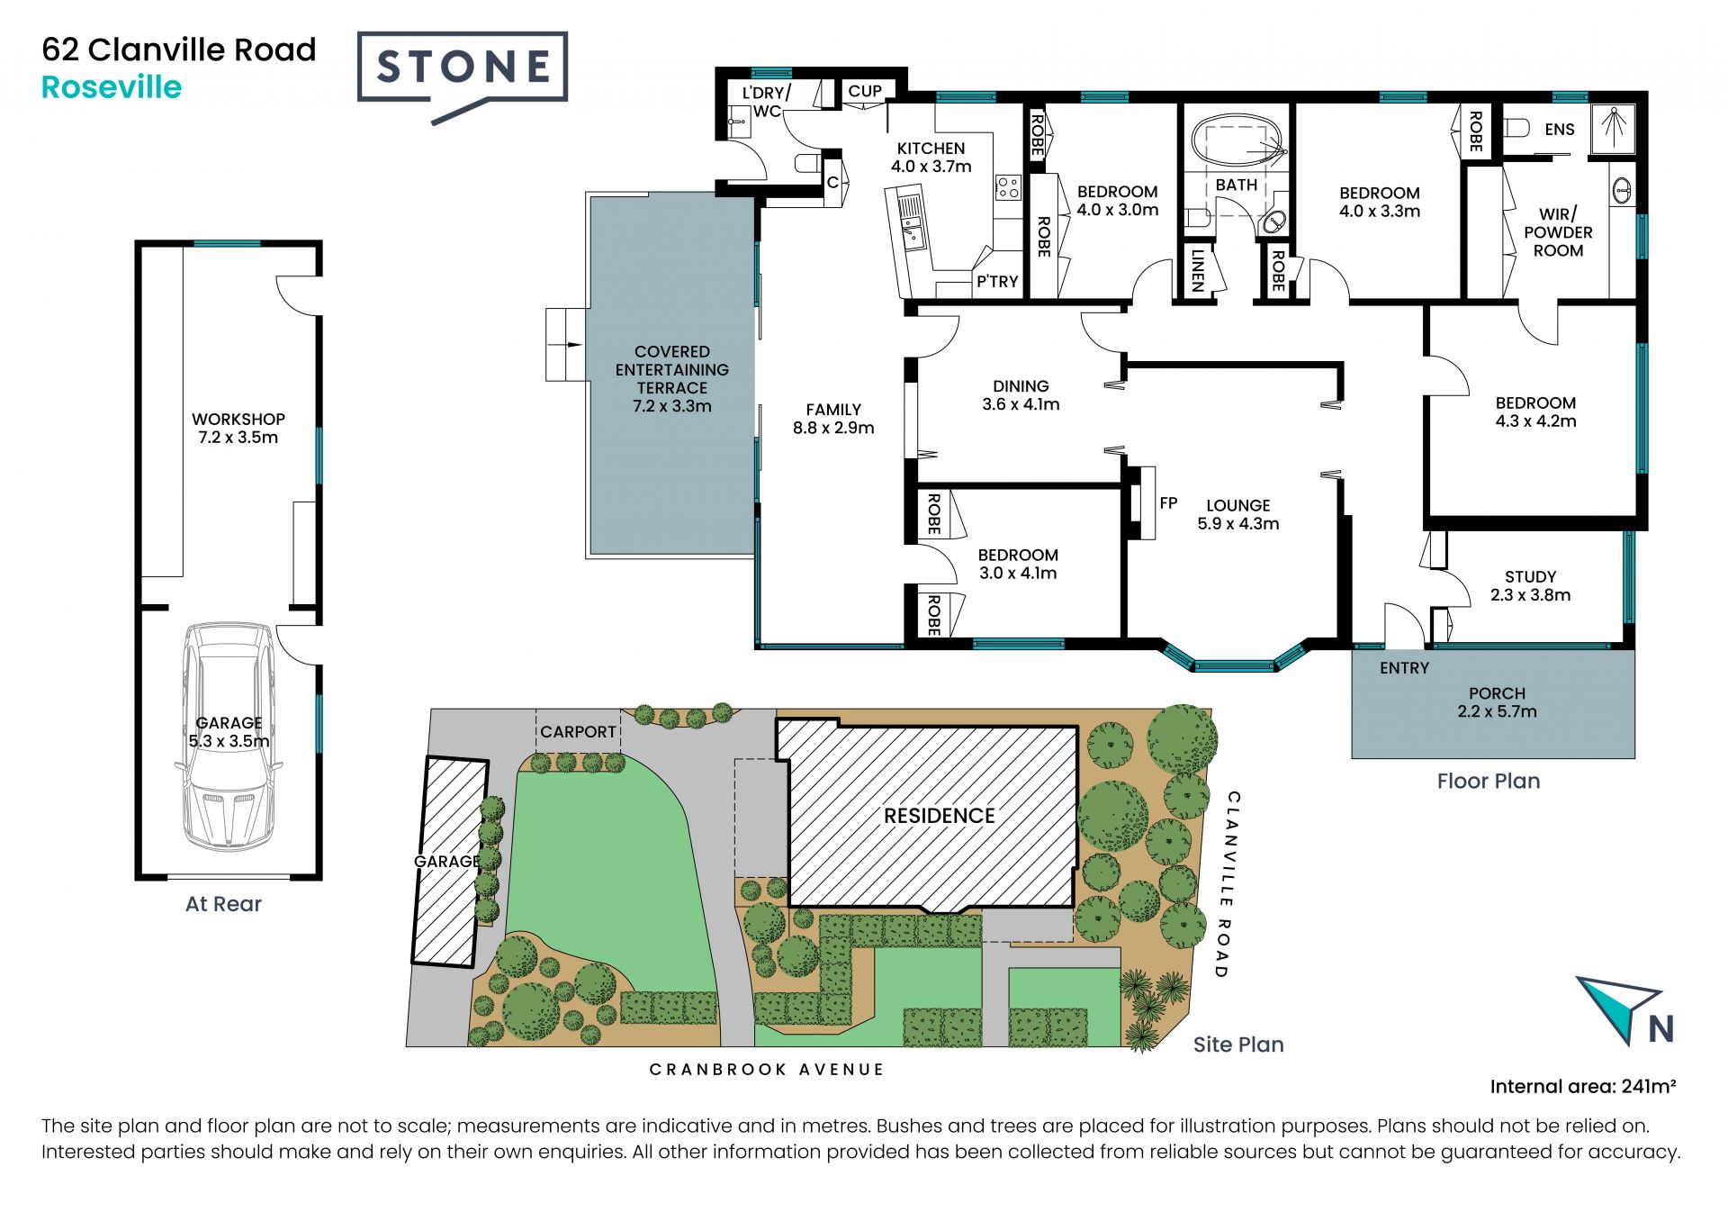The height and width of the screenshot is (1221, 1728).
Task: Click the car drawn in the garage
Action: point(229,737)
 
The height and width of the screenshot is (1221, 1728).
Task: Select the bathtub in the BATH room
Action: point(1239,142)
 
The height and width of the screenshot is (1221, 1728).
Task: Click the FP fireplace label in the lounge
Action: point(1168,503)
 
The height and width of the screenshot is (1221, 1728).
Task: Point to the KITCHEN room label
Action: point(931,149)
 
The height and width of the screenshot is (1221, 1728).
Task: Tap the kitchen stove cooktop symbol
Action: point(1008,188)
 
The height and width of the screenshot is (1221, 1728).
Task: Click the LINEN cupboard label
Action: point(1197,270)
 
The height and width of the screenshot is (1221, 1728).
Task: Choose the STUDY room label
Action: point(1530,576)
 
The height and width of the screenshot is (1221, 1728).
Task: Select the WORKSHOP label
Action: point(238,419)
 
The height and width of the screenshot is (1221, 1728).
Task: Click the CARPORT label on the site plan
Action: point(578,732)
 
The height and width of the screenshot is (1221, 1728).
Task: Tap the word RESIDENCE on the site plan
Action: point(939,816)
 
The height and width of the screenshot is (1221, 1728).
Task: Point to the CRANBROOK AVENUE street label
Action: point(767,1070)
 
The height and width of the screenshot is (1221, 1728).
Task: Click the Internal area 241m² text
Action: point(1583,1087)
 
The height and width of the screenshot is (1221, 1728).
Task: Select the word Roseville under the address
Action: point(112,87)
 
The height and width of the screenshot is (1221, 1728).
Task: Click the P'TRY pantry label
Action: point(997,282)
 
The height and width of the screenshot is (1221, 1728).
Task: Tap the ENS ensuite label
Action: point(1560,130)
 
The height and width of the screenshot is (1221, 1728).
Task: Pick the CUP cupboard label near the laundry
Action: point(865,91)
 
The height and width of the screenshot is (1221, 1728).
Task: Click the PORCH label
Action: point(1497,693)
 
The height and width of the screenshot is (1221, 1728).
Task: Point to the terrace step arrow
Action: point(569,344)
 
